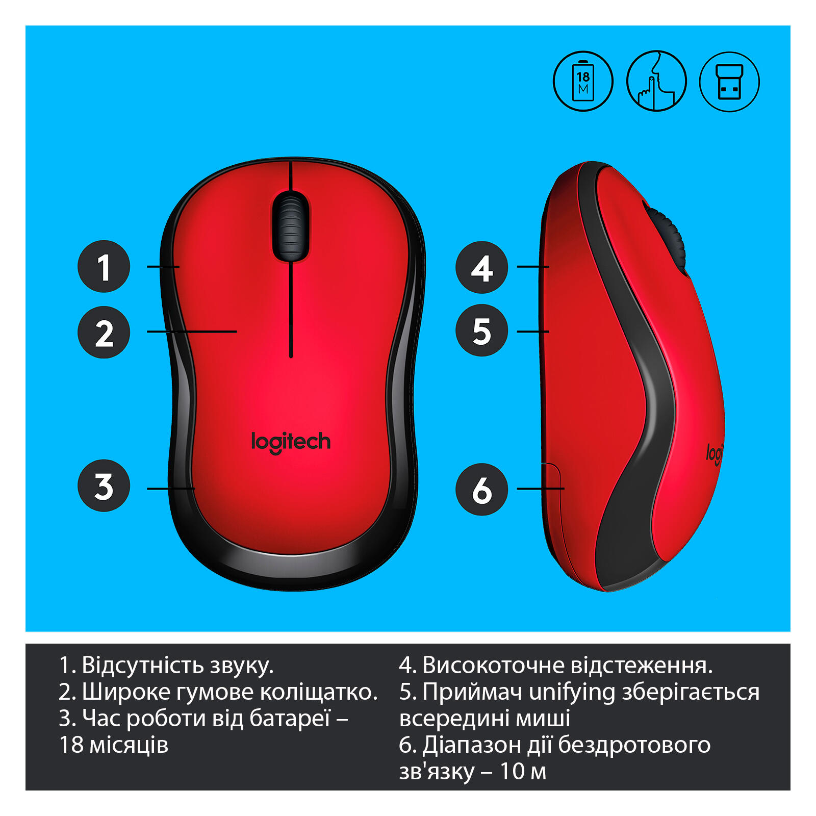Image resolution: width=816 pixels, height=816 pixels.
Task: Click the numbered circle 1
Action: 104,266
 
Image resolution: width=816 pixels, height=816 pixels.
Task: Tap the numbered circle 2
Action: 104,333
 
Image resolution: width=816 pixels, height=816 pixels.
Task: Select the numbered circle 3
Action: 104,486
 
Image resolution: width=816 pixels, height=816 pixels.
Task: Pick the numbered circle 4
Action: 482,267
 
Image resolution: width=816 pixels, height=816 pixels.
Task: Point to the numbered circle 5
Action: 482,330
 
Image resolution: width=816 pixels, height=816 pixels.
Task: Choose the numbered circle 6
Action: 482,490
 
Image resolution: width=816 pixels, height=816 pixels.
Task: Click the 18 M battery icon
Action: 583,82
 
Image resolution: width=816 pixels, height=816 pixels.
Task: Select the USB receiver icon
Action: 729,82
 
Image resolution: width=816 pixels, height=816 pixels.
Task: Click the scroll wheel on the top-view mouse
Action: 291,226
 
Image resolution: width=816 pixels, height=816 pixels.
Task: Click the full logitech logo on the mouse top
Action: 291,442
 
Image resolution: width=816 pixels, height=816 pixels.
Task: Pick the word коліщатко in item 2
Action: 319,692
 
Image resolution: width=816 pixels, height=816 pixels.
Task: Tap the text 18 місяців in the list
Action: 114,745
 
